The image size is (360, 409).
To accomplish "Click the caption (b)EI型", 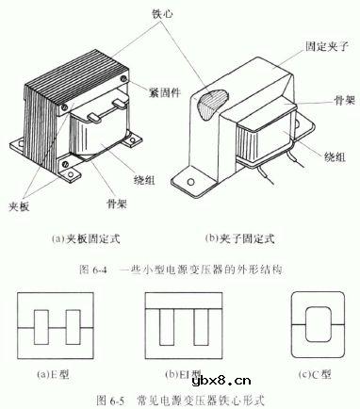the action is point(180,376).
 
